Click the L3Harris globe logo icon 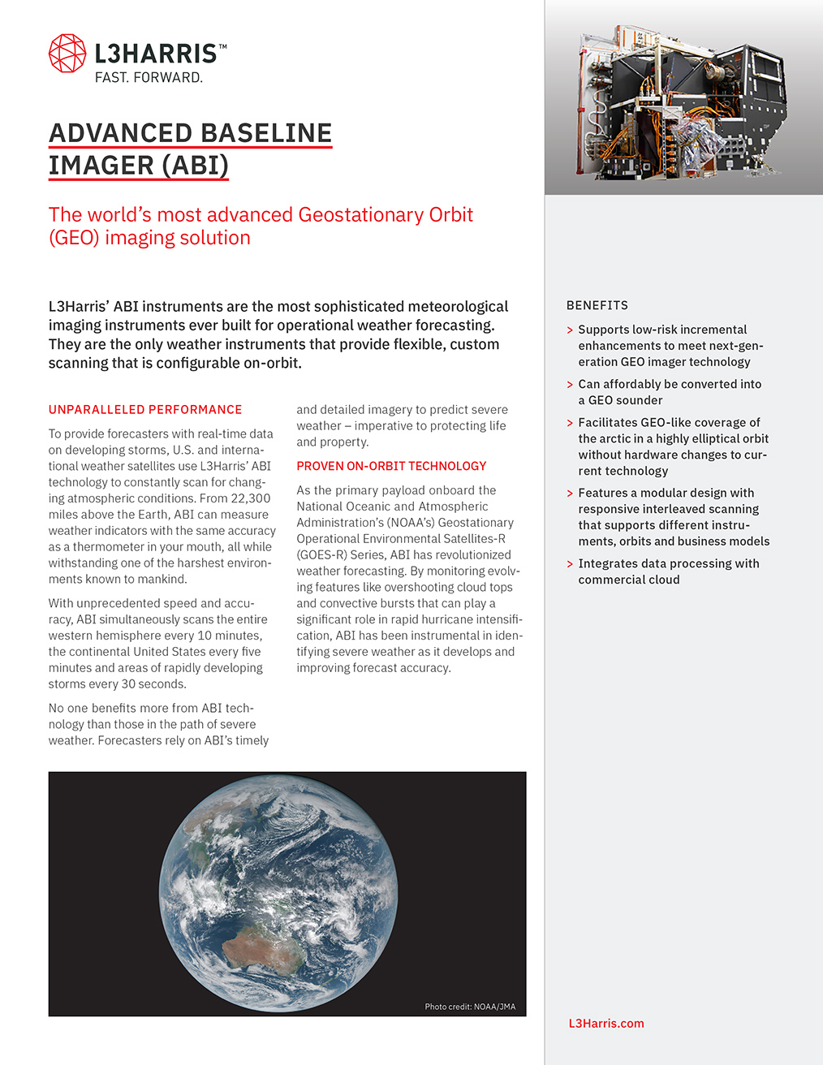tap(67, 54)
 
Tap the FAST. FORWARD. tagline tap(149, 78)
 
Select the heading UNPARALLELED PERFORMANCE tap(145, 410)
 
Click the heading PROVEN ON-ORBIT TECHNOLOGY tap(391, 466)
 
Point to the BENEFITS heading tap(597, 305)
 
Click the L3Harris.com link tap(606, 1024)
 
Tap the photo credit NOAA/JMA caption tap(470, 1007)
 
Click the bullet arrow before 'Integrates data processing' tap(570, 564)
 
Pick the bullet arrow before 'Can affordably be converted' tap(570, 385)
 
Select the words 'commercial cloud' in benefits tap(629, 580)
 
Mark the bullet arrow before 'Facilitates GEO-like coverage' tap(570, 423)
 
